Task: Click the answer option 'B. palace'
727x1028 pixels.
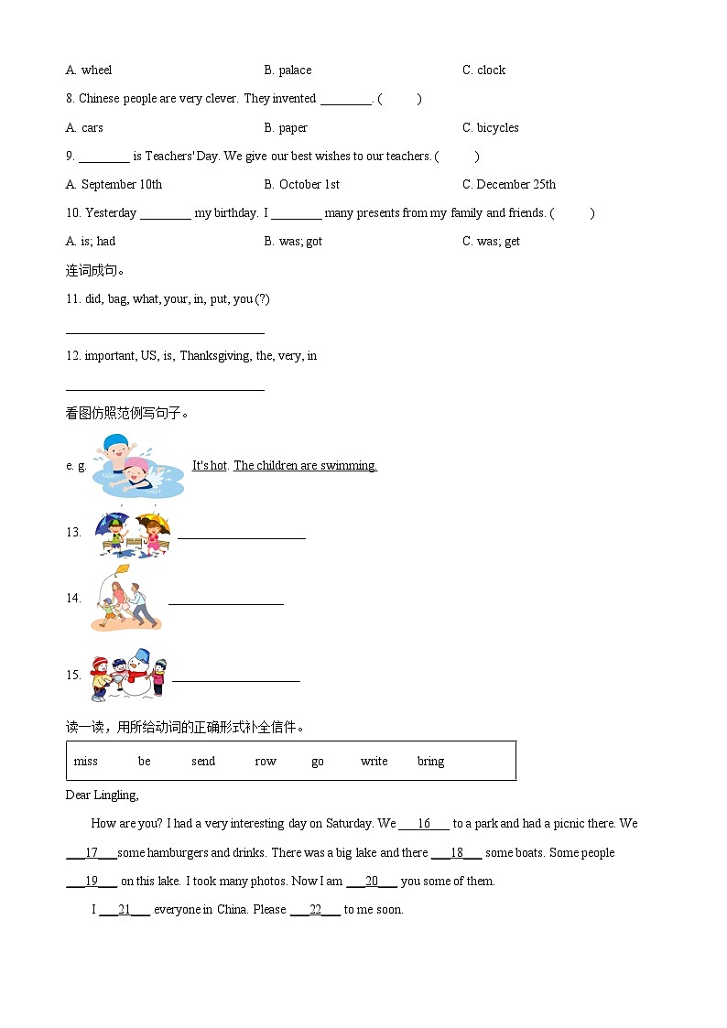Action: pyautogui.click(x=288, y=70)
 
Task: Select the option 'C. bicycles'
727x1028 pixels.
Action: pyautogui.click(x=490, y=128)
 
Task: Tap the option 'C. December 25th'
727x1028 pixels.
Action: pyautogui.click(x=508, y=185)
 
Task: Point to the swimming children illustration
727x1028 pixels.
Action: pyautogui.click(x=138, y=465)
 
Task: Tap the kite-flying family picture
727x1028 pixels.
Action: pyautogui.click(x=126, y=598)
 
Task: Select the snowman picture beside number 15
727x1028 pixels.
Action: pyautogui.click(x=129, y=675)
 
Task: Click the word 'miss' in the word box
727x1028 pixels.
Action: pyautogui.click(x=86, y=762)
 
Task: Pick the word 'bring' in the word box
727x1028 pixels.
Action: pyautogui.click(x=430, y=762)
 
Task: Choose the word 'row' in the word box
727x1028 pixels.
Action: pyautogui.click(x=266, y=762)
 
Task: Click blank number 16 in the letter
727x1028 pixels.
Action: pyautogui.click(x=424, y=824)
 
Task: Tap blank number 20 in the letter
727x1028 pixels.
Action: pyautogui.click(x=372, y=882)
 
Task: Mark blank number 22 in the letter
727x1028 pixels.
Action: pyautogui.click(x=315, y=910)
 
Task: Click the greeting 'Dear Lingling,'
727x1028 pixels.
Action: pyautogui.click(x=102, y=795)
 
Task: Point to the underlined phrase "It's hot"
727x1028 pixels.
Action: pyautogui.click(x=210, y=466)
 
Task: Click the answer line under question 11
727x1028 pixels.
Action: pyautogui.click(x=165, y=332)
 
